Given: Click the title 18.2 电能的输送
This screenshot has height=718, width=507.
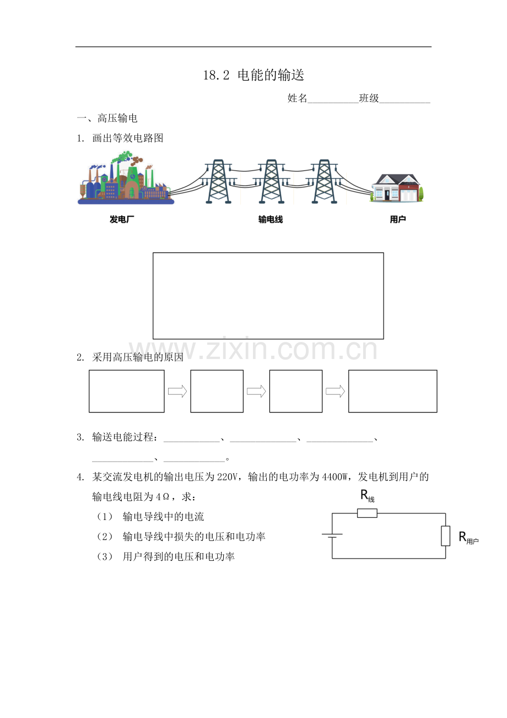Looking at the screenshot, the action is coord(253,75).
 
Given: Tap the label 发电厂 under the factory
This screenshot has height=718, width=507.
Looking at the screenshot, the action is coord(122,219).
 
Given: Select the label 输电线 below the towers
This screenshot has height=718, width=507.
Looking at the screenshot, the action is coord(271,219).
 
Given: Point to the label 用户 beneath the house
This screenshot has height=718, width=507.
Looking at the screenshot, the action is coord(398,219).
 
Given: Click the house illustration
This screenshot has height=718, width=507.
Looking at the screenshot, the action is coord(397,188).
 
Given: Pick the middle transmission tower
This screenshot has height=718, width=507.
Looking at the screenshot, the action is coord(271,181).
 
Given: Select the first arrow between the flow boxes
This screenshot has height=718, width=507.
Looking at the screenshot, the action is coord(177,391).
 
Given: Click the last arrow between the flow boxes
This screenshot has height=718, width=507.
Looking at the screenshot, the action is coord(335,391).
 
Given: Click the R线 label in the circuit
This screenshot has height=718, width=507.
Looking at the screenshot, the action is coord(367,496).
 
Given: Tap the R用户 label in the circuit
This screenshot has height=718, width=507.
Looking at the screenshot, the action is coord(468,537).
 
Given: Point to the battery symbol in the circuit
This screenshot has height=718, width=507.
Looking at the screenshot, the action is coord(332,535).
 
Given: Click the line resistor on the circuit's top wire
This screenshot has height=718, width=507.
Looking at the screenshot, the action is coord(367,513).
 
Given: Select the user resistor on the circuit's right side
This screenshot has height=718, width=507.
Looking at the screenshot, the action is coord(445,535).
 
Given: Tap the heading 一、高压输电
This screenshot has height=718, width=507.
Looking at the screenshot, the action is coord(107,118).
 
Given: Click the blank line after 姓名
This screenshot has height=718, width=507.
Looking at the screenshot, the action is coord(333,103).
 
